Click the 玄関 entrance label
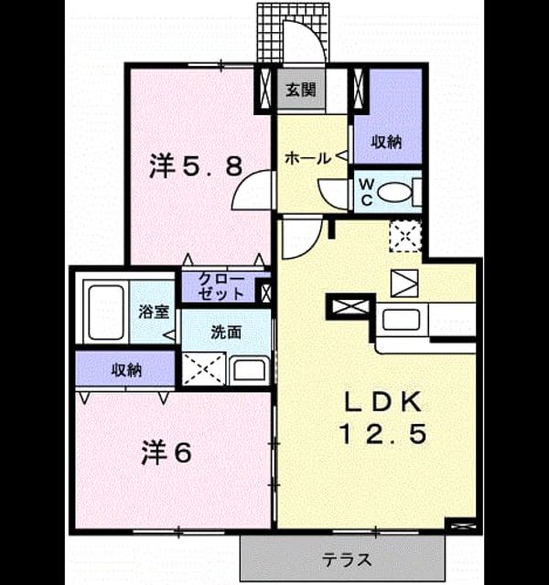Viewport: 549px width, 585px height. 301,90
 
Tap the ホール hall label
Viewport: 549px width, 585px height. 307,158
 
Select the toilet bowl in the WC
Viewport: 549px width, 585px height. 394,193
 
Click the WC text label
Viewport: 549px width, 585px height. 367,192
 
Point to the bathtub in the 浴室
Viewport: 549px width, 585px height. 106,313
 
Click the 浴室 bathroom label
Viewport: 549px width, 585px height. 155,312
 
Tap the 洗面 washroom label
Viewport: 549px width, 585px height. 226,332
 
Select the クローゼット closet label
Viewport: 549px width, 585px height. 221,286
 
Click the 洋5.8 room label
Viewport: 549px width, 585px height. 196,165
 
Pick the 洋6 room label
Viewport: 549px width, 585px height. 167,452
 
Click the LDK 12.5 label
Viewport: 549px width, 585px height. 383,418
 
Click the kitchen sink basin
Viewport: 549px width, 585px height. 401,320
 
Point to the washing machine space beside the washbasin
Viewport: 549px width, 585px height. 204,368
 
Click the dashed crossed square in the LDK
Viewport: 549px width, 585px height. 405,236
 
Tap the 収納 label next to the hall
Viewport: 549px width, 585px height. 386,142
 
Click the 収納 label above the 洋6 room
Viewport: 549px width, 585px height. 127,369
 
